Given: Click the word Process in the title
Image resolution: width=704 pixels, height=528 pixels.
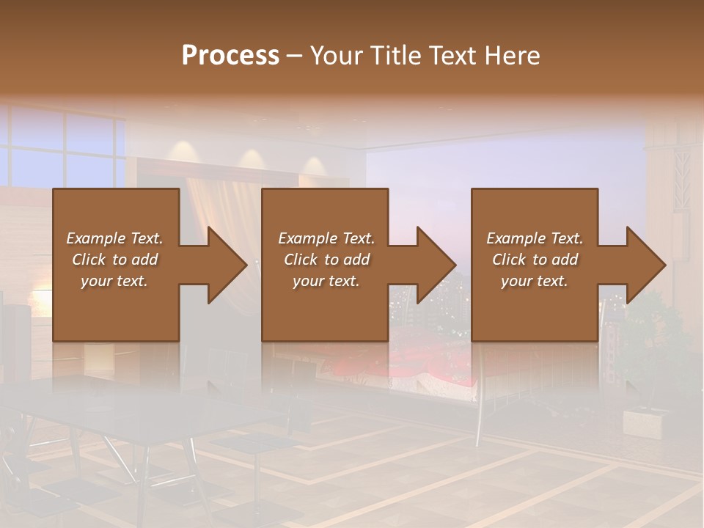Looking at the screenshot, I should click(230, 56).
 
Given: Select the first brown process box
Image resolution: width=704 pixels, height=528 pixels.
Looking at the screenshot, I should click(116, 308).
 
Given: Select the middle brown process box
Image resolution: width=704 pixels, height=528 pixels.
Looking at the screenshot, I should click(325, 308).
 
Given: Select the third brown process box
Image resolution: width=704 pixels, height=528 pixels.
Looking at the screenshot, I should click(534, 308).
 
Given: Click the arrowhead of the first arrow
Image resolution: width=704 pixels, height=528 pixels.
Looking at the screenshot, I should click(227, 265).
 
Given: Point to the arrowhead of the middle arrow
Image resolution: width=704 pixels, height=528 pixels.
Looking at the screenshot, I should click(436, 265).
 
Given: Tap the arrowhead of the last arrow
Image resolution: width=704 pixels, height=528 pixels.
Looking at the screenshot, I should click(646, 265).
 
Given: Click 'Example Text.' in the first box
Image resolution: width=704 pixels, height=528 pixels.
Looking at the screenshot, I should click(114, 238).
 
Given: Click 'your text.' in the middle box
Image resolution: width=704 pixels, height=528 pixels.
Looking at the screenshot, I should click(326, 281).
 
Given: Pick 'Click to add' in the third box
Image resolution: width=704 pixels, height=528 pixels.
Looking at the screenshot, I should click(535, 260).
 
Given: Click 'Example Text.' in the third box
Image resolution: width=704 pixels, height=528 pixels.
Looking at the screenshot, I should click(535, 238).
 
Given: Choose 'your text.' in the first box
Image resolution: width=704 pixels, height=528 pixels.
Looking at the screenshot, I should click(114, 281).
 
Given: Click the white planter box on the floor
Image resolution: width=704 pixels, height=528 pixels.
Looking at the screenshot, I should click(646, 423).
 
